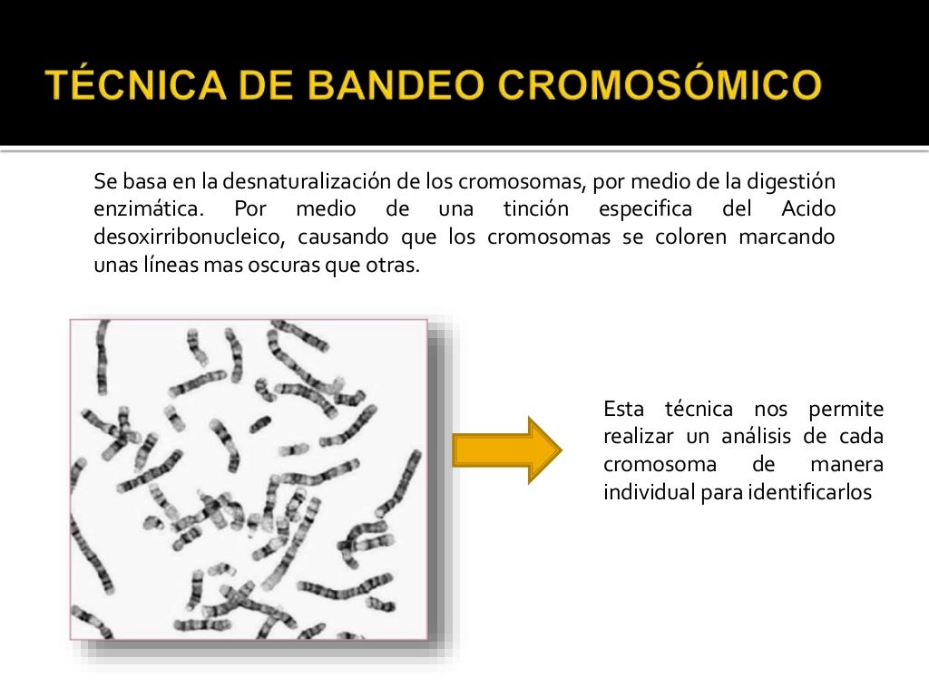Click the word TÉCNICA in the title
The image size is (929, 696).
pyautogui.click(x=128, y=87)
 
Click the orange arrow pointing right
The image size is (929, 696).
pyautogui.click(x=506, y=450)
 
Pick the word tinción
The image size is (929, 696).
pyautogui.click(x=536, y=210)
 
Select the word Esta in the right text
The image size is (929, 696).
pyautogui.click(x=622, y=409)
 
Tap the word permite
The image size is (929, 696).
pyautogui.click(x=847, y=409)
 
